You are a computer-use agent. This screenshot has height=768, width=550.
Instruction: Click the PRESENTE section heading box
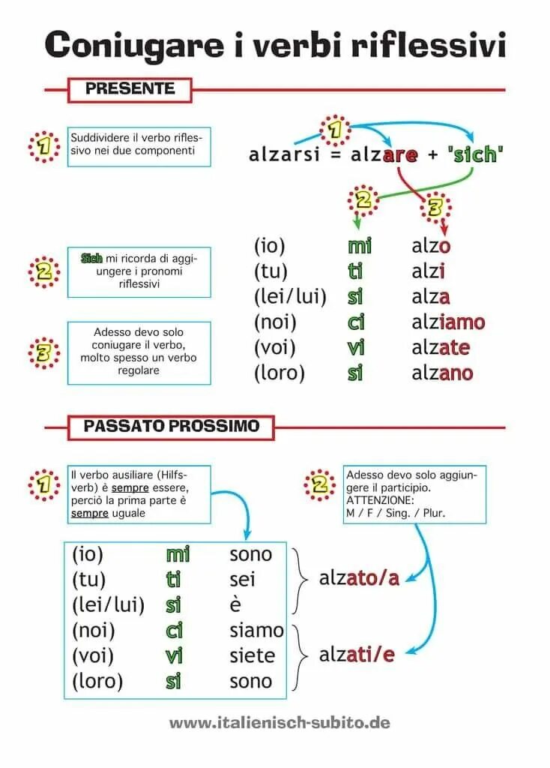pyautogui.click(x=130, y=89)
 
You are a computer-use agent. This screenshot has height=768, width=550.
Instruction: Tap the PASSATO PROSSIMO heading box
pyautogui.click(x=171, y=427)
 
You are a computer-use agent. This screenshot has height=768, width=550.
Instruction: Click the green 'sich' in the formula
pyautogui.click(x=475, y=154)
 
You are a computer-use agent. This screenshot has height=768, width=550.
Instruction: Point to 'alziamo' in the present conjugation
pyautogui.click(x=448, y=322)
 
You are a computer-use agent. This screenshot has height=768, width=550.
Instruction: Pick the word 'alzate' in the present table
pyautogui.click(x=441, y=348)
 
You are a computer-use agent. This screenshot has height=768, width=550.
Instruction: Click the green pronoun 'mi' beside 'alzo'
pyautogui.click(x=360, y=246)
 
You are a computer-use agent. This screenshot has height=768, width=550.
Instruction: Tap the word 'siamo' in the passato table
pyautogui.click(x=256, y=631)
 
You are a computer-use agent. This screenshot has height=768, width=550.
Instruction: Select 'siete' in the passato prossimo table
pyautogui.click(x=253, y=656)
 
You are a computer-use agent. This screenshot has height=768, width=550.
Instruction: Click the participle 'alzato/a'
pyautogui.click(x=359, y=578)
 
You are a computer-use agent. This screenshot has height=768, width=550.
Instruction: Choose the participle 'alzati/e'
pyautogui.click(x=357, y=655)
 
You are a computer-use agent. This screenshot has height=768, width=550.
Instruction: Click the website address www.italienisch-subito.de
pyautogui.click(x=279, y=723)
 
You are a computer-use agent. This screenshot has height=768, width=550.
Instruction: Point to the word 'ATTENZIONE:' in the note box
pyautogui.click(x=380, y=499)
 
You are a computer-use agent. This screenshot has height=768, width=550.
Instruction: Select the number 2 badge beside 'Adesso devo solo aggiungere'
pyautogui.click(x=321, y=485)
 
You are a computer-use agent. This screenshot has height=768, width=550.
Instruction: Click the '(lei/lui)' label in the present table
pyautogui.click(x=290, y=297)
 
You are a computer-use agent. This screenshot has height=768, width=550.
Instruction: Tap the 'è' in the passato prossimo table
pyautogui.click(x=236, y=605)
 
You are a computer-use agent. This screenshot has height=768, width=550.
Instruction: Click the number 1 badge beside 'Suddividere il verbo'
pyautogui.click(x=44, y=147)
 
